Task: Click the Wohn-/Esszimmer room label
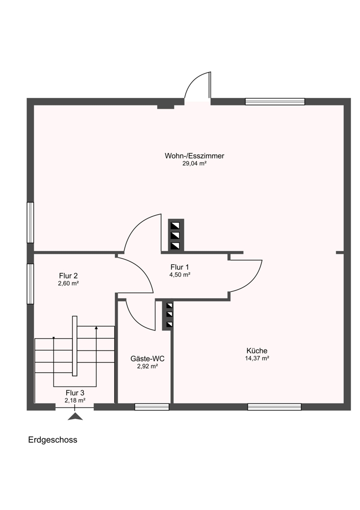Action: pos(194,156)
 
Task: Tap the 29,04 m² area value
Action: pos(194,164)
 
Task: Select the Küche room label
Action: pos(257,351)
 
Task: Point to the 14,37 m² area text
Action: pos(257,359)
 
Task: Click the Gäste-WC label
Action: pos(147,359)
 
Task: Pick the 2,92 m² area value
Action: pos(148,366)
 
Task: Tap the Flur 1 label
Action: pos(179,267)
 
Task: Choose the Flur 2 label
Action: pos(68,276)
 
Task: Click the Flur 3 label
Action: pos(75,393)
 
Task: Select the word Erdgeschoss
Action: pos(53,440)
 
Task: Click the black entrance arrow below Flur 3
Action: pos(75,416)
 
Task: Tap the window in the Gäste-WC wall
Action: pos(152,407)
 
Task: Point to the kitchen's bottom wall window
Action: pos(274,407)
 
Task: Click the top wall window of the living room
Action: pos(275,101)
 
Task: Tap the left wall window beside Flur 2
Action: pos(30,284)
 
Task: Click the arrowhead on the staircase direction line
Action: pos(96,327)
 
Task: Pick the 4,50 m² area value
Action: pos(179,275)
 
